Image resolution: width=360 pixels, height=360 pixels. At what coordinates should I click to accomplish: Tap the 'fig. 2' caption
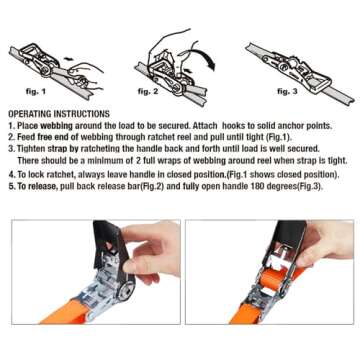pos(147,91)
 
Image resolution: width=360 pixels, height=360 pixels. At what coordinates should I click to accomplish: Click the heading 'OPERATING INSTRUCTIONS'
pos(59,114)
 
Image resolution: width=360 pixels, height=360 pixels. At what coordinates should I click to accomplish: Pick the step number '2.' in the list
pos(11,136)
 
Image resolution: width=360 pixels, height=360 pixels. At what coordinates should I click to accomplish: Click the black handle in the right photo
pos(281,250)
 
